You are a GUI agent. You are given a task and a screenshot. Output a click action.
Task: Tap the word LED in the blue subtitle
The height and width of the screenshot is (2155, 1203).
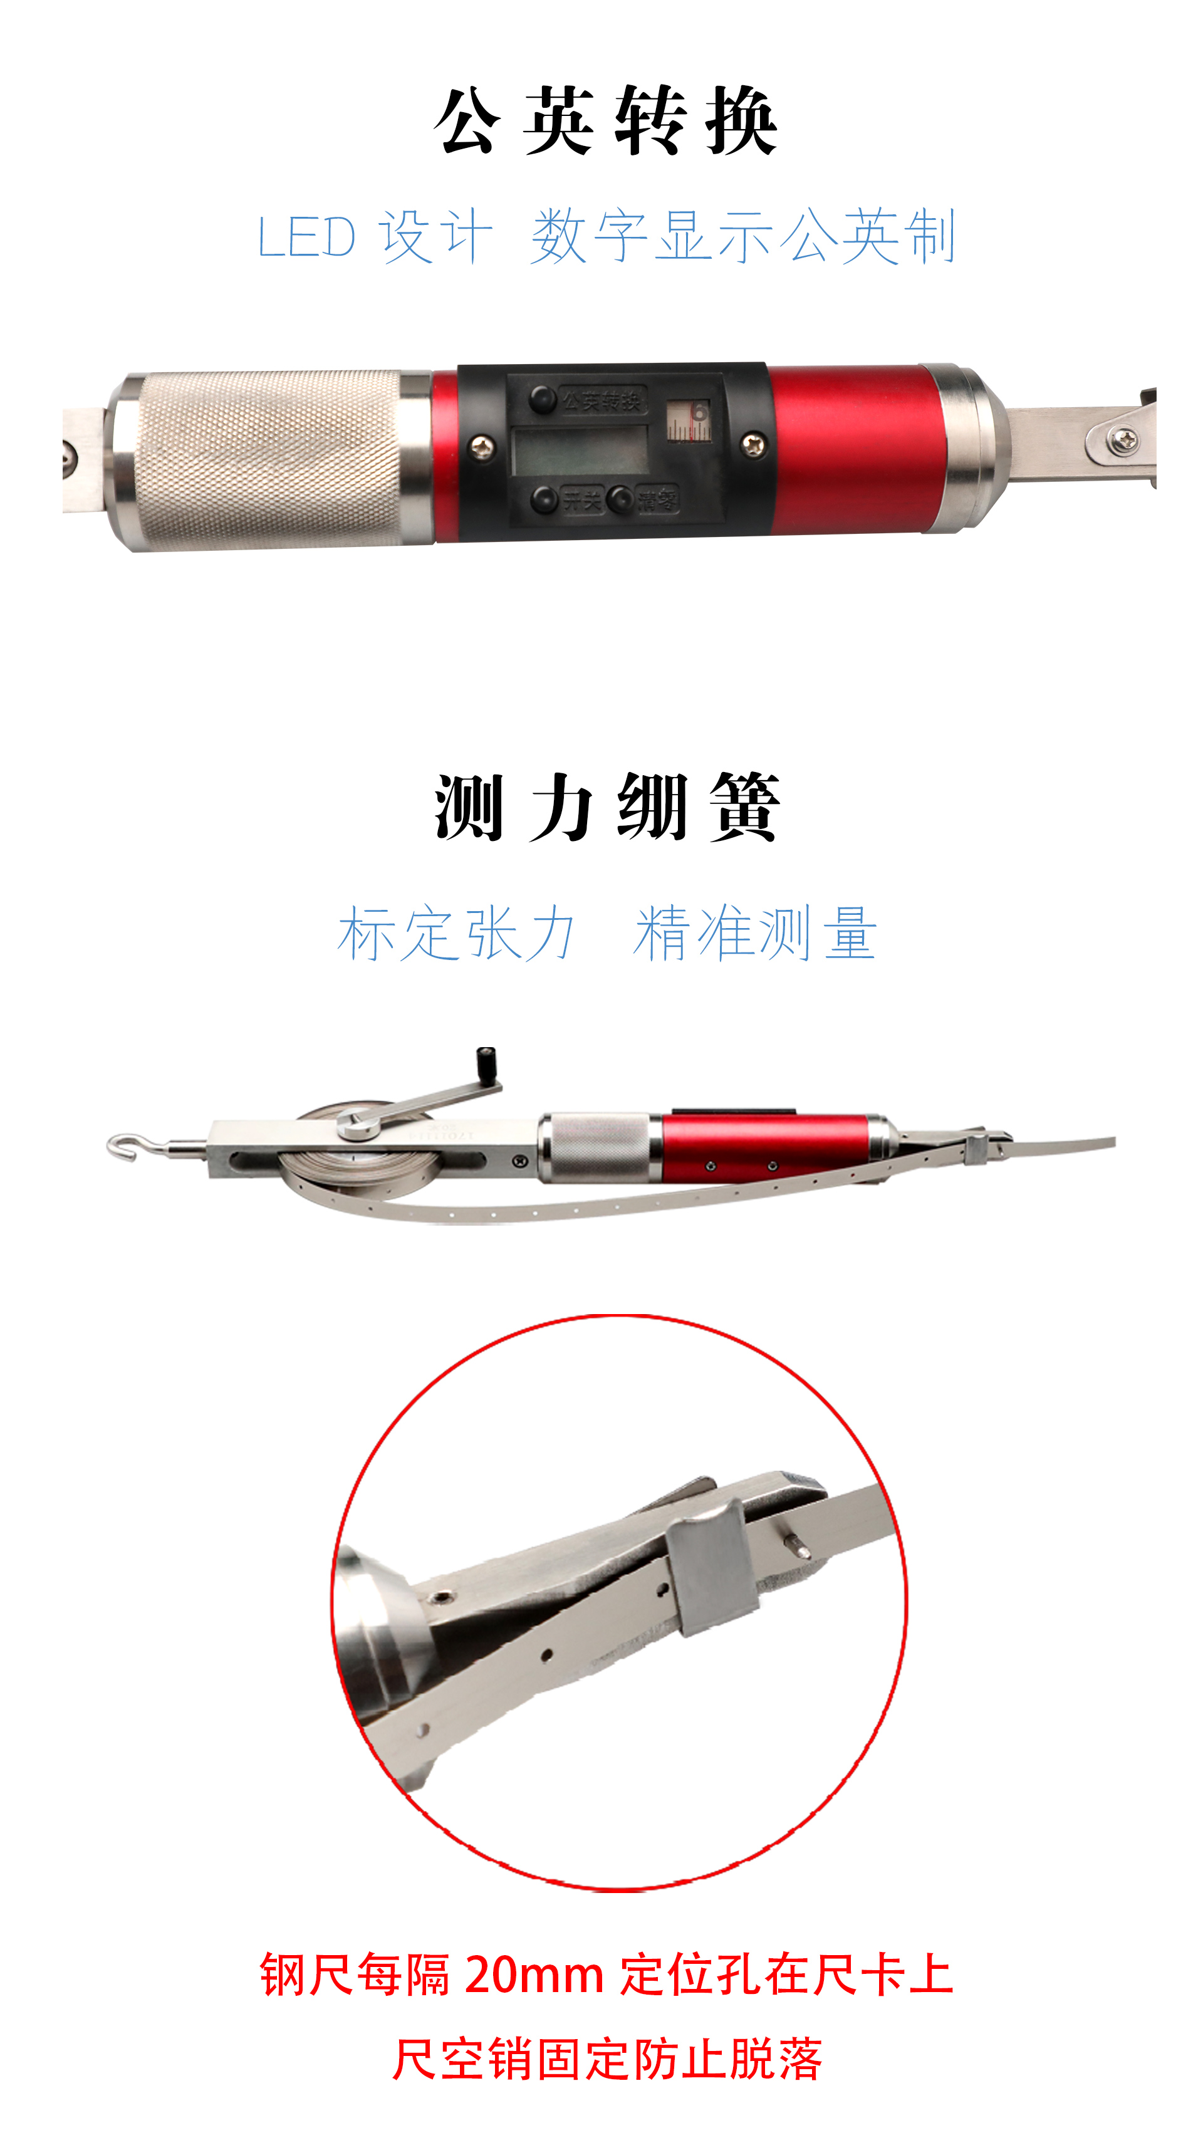(x=306, y=237)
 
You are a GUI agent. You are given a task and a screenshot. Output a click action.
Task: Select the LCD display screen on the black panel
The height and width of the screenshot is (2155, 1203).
(x=580, y=452)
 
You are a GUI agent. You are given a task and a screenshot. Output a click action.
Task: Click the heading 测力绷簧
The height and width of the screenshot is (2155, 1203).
(x=606, y=808)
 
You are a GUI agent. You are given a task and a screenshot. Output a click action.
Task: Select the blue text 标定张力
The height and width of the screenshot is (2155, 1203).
(x=457, y=934)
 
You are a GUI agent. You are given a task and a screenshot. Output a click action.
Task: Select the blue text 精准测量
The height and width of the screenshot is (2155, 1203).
(x=754, y=934)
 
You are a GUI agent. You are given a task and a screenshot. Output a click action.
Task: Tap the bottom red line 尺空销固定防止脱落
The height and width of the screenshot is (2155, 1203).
(x=607, y=2060)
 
